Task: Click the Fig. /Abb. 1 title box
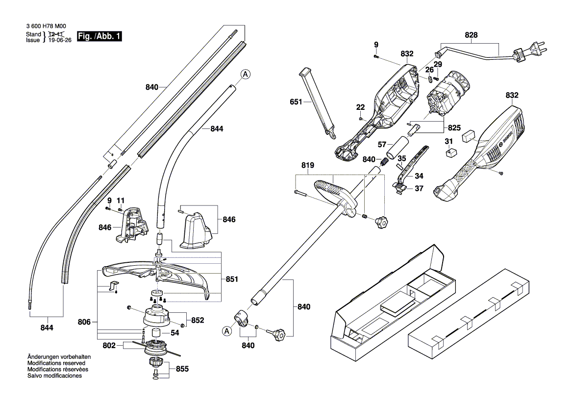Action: pyautogui.click(x=100, y=36)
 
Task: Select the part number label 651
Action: pyautogui.click(x=296, y=101)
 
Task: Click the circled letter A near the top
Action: pyautogui.click(x=246, y=74)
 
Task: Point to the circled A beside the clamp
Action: pyautogui.click(x=227, y=331)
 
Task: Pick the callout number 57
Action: pyautogui.click(x=382, y=145)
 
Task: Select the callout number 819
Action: pyautogui.click(x=308, y=165)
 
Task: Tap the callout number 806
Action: pyautogui.click(x=84, y=322)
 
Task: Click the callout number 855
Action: pyautogui.click(x=182, y=369)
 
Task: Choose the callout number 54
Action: pyautogui.click(x=175, y=333)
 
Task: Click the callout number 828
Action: pyautogui.click(x=471, y=35)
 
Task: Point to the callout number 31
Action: pyautogui.click(x=449, y=142)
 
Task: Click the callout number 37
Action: pyautogui.click(x=419, y=189)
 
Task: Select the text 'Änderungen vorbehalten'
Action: pyautogui.click(x=59, y=357)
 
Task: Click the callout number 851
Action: pyautogui.click(x=232, y=279)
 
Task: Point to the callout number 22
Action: pyautogui.click(x=360, y=107)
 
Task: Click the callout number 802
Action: pyautogui.click(x=109, y=345)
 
